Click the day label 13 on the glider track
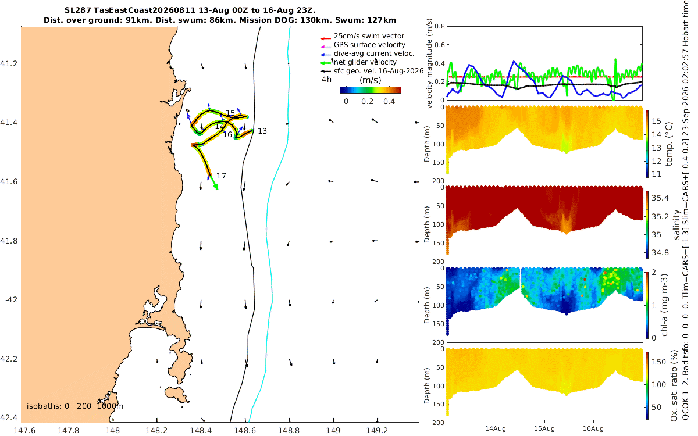click(262, 131)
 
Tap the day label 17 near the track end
click(221, 176)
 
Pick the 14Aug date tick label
click(495, 428)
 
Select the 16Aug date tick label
click(593, 428)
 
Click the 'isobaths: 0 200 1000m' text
click(75, 406)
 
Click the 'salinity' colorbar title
click(676, 224)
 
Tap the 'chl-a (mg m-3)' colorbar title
click(664, 305)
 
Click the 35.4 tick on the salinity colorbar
click(660, 198)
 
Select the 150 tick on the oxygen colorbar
click(658, 362)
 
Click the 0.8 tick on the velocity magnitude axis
click(440, 26)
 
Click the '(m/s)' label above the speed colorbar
click(370, 80)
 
